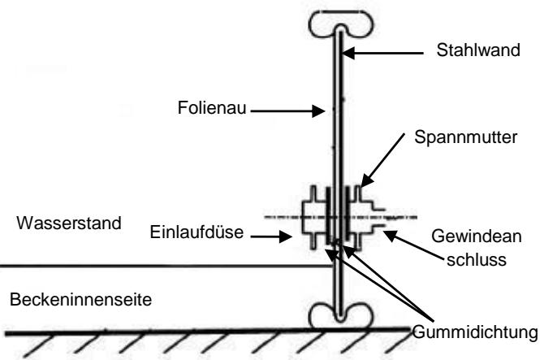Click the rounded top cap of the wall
(335, 25)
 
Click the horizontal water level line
(162, 265)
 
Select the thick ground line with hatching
(203, 330)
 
